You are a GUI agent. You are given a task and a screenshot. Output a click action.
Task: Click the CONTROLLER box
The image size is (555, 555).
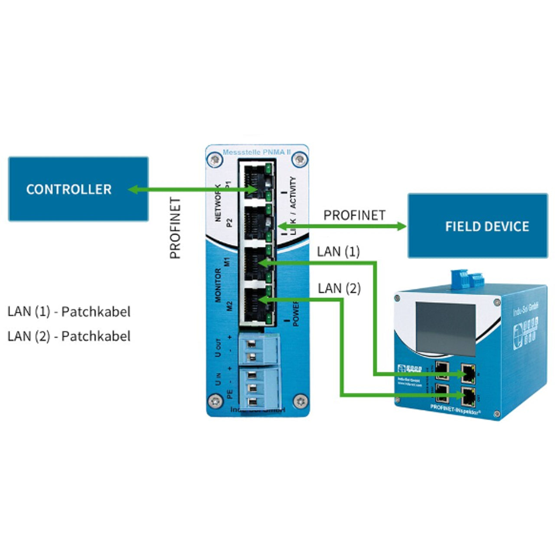(x=78, y=189)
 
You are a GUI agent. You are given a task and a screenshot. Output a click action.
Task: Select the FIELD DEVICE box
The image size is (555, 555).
(x=478, y=226)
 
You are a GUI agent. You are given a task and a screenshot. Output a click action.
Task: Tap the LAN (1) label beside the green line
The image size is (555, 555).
(x=338, y=251)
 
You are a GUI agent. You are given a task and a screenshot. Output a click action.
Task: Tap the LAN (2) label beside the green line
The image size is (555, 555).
(x=339, y=288)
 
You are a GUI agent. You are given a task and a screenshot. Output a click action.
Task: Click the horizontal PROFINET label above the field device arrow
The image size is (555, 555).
(x=354, y=215)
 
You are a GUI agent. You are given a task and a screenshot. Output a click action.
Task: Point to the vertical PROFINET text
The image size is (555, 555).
(x=175, y=228)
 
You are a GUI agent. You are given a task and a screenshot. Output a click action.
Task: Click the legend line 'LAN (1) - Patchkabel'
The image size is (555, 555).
(x=69, y=311)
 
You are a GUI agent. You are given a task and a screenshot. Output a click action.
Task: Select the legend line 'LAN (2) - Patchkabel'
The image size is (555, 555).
(x=69, y=336)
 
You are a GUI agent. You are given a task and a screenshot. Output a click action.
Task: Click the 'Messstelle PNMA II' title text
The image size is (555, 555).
(x=256, y=152)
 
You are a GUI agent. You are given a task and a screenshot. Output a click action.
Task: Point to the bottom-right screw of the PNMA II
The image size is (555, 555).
(x=300, y=402)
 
